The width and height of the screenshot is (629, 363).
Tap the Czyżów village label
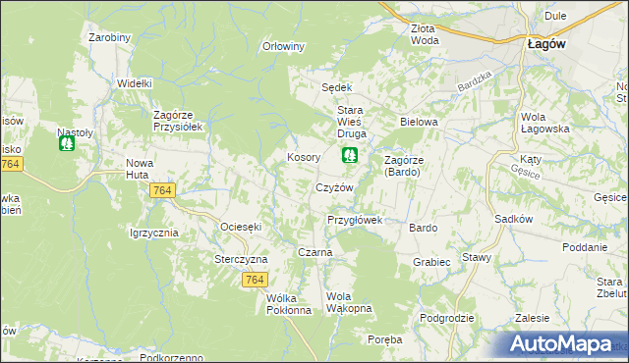coord(333,187)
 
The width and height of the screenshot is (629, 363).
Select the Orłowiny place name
coord(285,46)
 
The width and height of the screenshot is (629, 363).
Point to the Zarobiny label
coord(109,37)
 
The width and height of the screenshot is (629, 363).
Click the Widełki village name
coord(134,84)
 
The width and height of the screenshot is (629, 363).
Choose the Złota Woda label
coord(425,34)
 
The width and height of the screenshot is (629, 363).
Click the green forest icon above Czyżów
coord(349,155)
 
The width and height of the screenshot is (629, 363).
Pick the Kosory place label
coord(303,157)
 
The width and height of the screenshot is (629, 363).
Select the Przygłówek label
coord(354,221)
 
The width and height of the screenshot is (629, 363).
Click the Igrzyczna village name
coord(153,233)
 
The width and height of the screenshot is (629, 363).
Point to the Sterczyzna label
coord(241,259)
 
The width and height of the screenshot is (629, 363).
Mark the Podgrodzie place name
coord(446,318)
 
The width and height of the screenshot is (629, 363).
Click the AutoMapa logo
coord(564,344)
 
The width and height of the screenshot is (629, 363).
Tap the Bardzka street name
coord(474,85)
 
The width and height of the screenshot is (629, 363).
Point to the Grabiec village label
coord(431,262)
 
